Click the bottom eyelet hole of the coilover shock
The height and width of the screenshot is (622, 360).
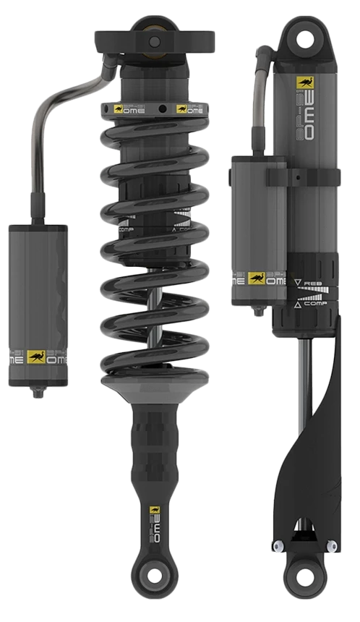coord(153,595)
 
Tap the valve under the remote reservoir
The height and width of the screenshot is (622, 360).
coord(37,393)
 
